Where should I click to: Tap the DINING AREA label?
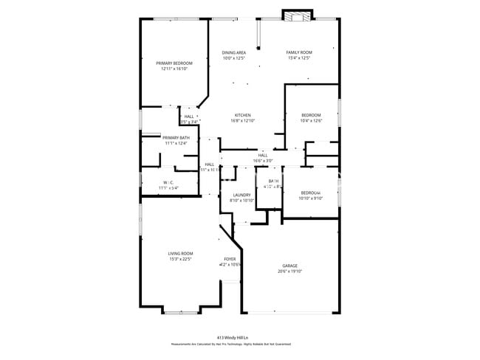pos(234,52)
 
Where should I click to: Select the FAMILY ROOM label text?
pos(299,52)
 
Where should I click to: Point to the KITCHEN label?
pos(243,115)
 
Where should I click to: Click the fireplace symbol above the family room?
pos(298,15)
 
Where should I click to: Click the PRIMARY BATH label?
pos(176,138)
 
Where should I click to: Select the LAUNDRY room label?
pos(241,195)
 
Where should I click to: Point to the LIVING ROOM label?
pos(180,254)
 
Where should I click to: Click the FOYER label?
pos(230,259)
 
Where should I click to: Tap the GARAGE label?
pos(289,266)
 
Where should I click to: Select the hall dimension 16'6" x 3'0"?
pos(263,160)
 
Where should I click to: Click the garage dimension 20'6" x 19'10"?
pos(289,271)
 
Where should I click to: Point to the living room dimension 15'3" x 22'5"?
pos(180,259)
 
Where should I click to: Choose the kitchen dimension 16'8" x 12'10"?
pos(243,120)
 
